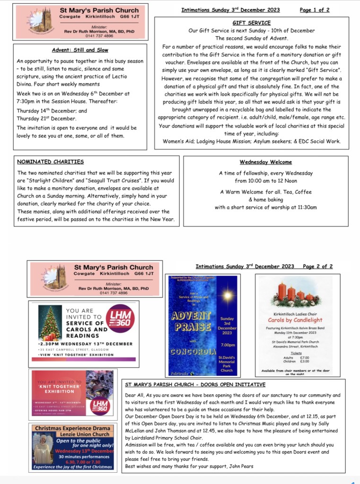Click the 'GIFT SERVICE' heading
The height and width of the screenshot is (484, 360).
[252, 23]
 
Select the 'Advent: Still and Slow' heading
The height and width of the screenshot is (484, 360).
[79, 50]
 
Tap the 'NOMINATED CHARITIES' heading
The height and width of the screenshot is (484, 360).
[51, 162]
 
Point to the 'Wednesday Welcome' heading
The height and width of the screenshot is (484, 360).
[265, 162]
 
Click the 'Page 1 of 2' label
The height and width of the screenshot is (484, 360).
[315, 10]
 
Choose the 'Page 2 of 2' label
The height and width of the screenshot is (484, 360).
[317, 267]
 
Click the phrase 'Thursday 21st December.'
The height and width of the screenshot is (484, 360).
[46, 118]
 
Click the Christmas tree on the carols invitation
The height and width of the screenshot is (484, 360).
[48, 322]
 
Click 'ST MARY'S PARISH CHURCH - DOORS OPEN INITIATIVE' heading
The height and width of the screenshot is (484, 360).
[195, 384]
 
